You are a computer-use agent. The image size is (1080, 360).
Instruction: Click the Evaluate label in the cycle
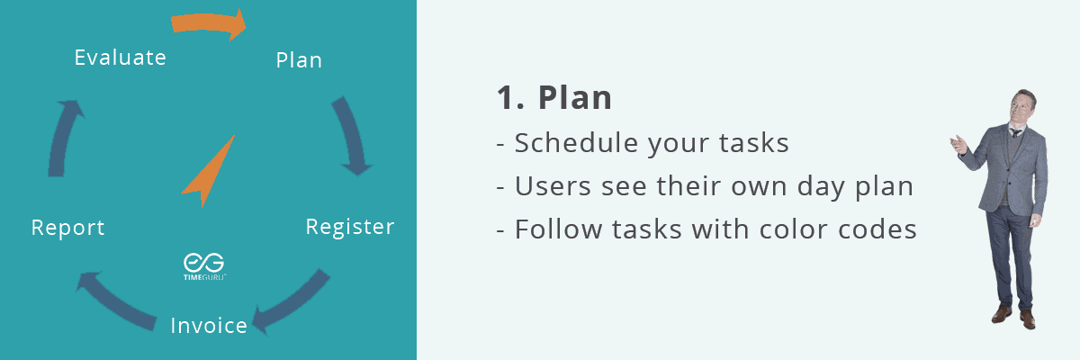pyautogui.click(x=120, y=58)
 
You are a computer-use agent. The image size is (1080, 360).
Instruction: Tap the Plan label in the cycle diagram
pyautogui.click(x=299, y=60)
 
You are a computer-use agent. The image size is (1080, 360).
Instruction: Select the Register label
pyautogui.click(x=350, y=227)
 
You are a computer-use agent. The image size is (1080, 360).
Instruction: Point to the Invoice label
pyautogui.click(x=209, y=326)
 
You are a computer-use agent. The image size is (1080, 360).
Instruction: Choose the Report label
pyautogui.click(x=67, y=228)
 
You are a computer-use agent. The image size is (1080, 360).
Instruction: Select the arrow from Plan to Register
pyautogui.click(x=352, y=135)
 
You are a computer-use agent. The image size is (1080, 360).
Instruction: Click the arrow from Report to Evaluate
pyautogui.click(x=63, y=138)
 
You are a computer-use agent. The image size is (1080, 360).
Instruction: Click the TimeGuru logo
pyautogui.click(x=204, y=266)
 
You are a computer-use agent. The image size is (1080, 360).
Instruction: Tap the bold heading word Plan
pyautogui.click(x=575, y=98)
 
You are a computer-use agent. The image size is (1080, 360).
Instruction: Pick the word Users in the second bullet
pyautogui.click(x=553, y=186)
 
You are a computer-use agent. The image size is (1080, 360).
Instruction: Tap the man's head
pyautogui.click(x=1022, y=107)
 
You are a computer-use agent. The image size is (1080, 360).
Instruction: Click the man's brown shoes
pyautogui.click(x=1013, y=318)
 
